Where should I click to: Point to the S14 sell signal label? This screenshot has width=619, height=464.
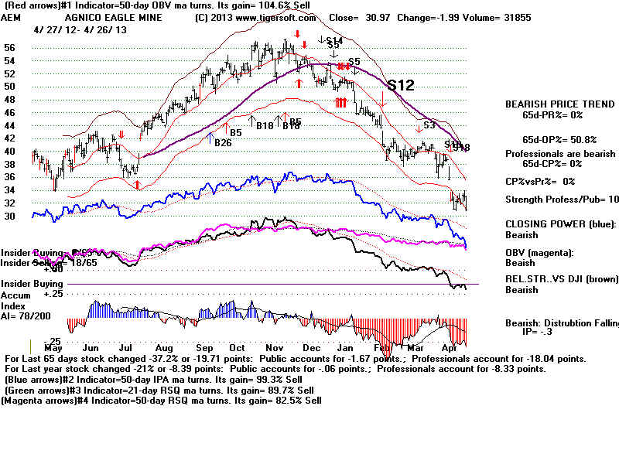point(334,40)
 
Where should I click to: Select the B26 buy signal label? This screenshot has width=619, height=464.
point(223,142)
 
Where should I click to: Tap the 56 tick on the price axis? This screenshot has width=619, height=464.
point(10,46)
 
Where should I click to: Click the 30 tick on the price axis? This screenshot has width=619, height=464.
point(10,217)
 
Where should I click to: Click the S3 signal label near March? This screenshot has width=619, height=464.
point(429,125)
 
